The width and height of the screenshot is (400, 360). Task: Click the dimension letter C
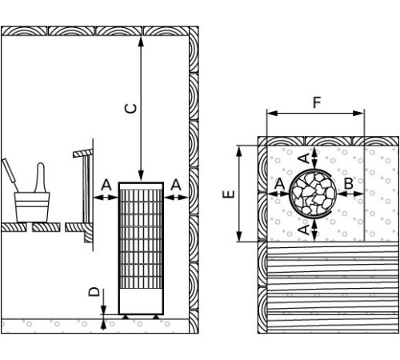coord(131,108)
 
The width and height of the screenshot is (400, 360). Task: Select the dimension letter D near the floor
coord(94,292)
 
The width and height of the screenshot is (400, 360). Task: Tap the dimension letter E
coord(229,194)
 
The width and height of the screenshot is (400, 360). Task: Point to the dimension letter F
coord(317,102)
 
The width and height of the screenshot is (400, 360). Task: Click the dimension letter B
coord(349,183)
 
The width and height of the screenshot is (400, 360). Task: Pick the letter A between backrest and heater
coord(106,185)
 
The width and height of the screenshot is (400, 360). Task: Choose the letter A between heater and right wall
coord(176,185)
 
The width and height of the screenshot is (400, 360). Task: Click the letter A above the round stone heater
coord(304,158)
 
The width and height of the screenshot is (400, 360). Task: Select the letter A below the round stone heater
coord(304,230)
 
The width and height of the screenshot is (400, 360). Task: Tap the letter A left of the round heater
coord(279,183)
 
